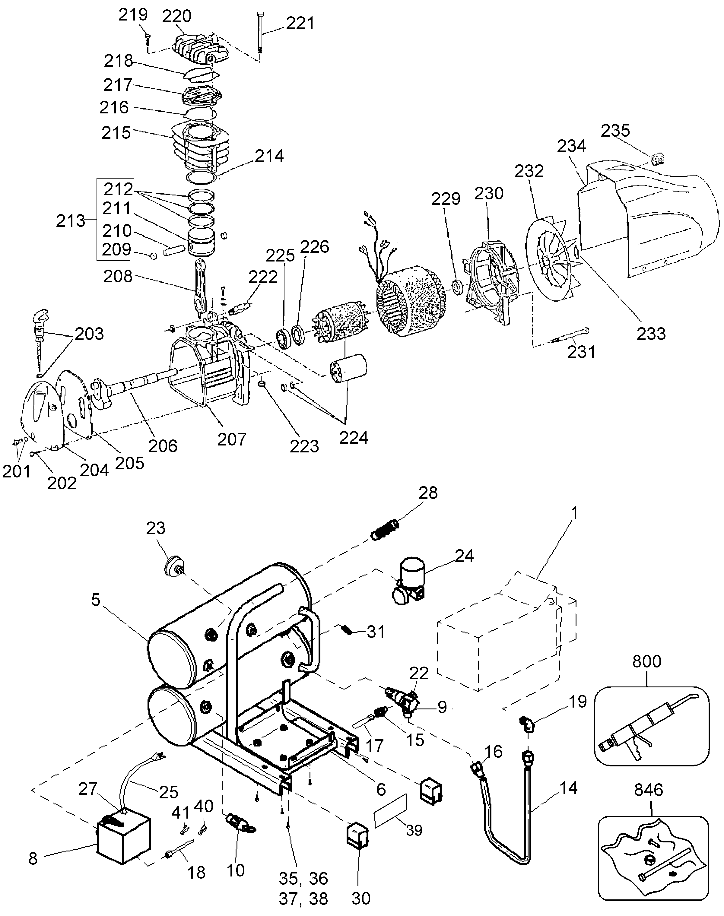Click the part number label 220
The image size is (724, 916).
177,16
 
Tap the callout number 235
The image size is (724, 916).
615,131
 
